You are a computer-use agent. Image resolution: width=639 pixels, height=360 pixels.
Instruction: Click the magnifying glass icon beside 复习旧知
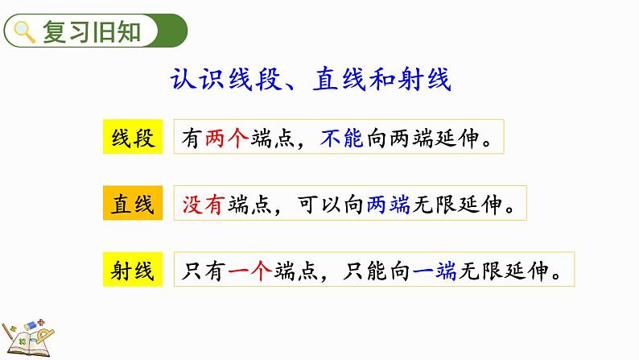coord(25,32)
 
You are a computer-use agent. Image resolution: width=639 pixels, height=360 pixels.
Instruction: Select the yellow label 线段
coord(133,138)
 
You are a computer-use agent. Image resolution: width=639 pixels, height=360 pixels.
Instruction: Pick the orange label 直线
coord(133,205)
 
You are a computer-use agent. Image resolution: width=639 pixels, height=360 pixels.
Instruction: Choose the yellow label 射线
coord(133,271)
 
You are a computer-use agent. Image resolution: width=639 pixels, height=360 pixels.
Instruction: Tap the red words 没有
coord(205,205)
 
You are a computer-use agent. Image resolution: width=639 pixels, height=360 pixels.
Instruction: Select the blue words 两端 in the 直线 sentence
coord(389,205)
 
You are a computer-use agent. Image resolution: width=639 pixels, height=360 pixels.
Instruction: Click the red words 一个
coord(251,271)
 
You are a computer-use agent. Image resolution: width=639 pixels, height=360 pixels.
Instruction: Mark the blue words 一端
coord(435,271)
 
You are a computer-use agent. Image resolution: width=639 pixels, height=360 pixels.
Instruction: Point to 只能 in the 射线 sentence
coord(365,271)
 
